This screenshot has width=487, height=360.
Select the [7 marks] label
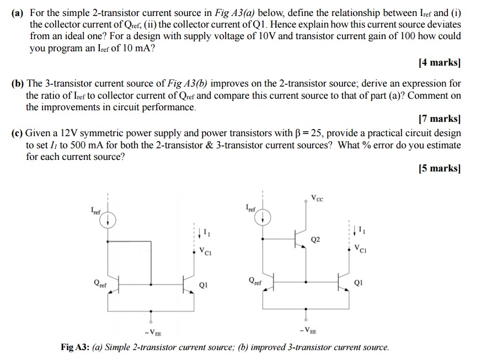pyautogui.click(x=439, y=119)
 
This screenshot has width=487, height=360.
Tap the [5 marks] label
pyautogui.click(x=439, y=169)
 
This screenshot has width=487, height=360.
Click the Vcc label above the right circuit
pyautogui.click(x=317, y=198)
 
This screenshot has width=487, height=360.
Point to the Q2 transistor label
pyautogui.click(x=315, y=240)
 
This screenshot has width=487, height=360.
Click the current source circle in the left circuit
pyautogui.click(x=109, y=219)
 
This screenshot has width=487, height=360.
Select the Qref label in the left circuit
pyautogui.click(x=100, y=284)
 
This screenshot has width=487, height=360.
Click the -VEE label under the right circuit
pyautogui.click(x=307, y=330)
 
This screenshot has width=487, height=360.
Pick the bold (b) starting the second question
pyautogui.click(x=18, y=84)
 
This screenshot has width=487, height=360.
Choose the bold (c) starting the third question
pyautogui.click(x=18, y=133)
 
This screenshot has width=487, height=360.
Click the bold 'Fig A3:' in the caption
pyautogui.click(x=74, y=347)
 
